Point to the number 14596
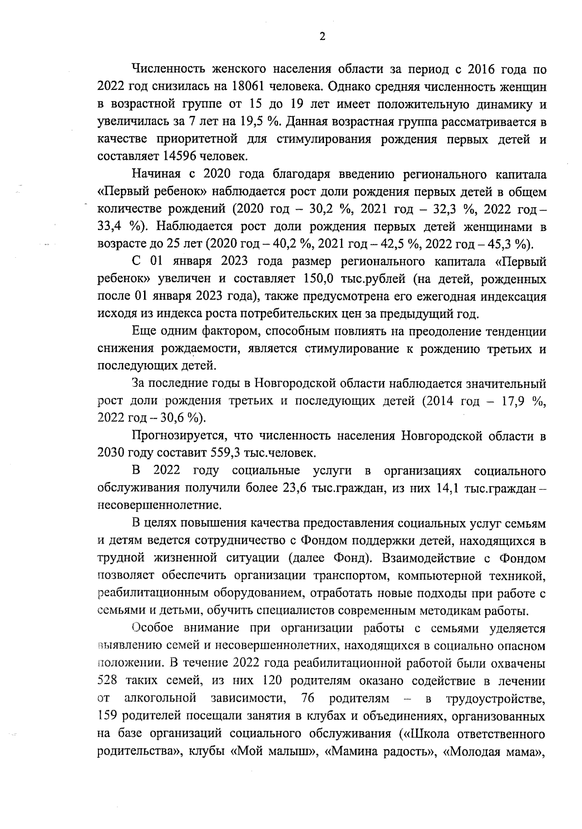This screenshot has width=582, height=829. [180, 156]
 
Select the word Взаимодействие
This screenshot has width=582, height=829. [432, 558]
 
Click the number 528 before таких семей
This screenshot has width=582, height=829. [108, 680]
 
